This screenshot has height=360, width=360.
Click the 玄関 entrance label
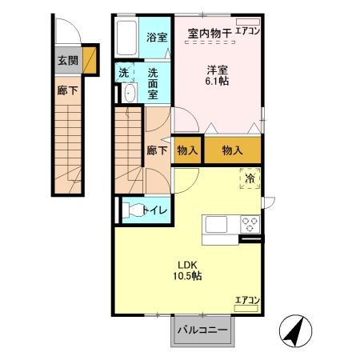coord(66,59)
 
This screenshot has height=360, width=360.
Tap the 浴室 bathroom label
coord(156,37)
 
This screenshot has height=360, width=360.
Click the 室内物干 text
coord(210,33)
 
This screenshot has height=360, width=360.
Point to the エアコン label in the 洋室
coord(248,33)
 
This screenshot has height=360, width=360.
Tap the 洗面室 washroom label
coord(157,83)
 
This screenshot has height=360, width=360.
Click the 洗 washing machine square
coord(124,73)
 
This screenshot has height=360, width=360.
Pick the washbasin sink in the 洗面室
coord(129,94)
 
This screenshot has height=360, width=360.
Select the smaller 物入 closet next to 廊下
coord(187,150)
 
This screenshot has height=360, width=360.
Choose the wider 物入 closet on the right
coord(233,150)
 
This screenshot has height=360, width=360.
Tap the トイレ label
coord(154,210)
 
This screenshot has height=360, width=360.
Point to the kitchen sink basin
coord(218,224)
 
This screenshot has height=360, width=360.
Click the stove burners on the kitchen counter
coord(250,224)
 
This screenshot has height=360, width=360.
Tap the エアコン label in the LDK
coord(247,301)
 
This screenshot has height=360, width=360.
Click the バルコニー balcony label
coord(202,330)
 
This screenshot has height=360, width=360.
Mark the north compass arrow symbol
coord(294,330)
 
